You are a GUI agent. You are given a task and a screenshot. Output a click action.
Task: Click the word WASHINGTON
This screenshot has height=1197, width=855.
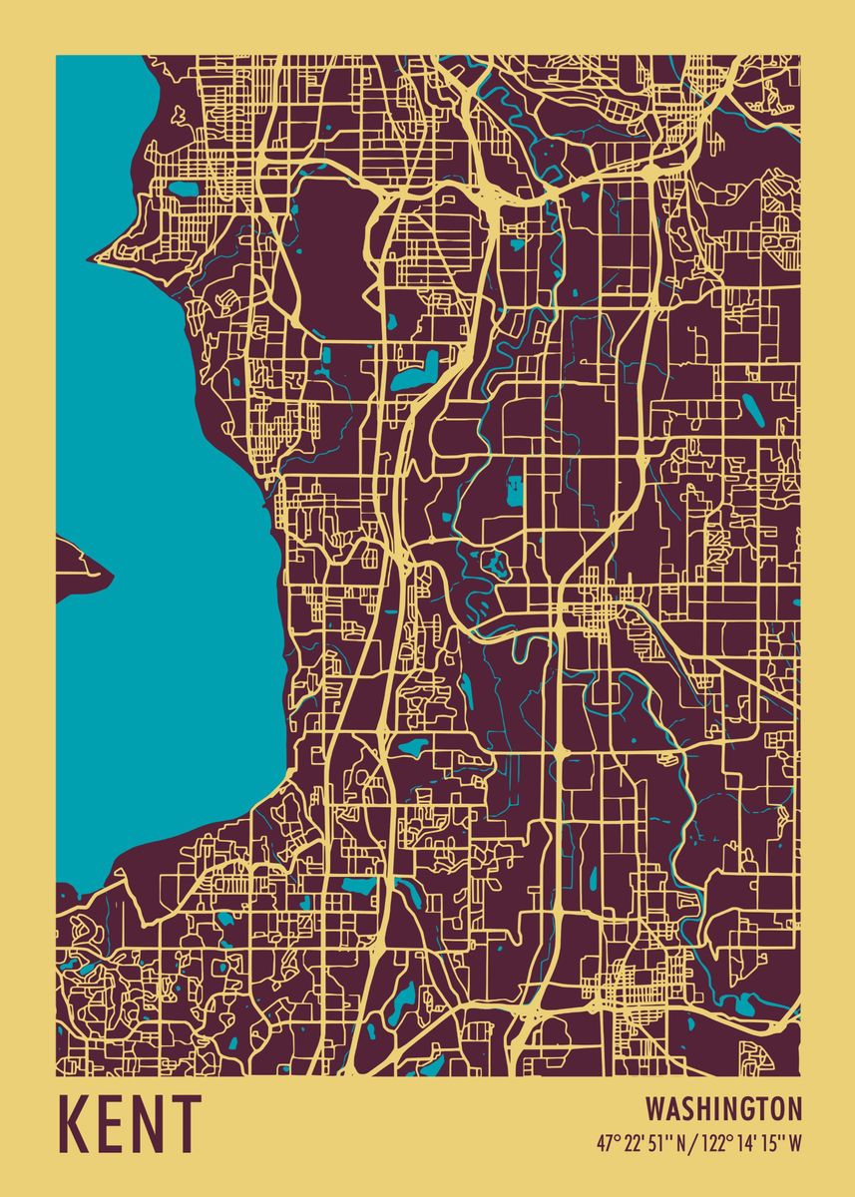click(x=723, y=1109)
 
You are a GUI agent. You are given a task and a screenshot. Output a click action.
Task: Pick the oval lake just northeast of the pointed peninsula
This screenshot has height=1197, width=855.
click(x=182, y=188)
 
